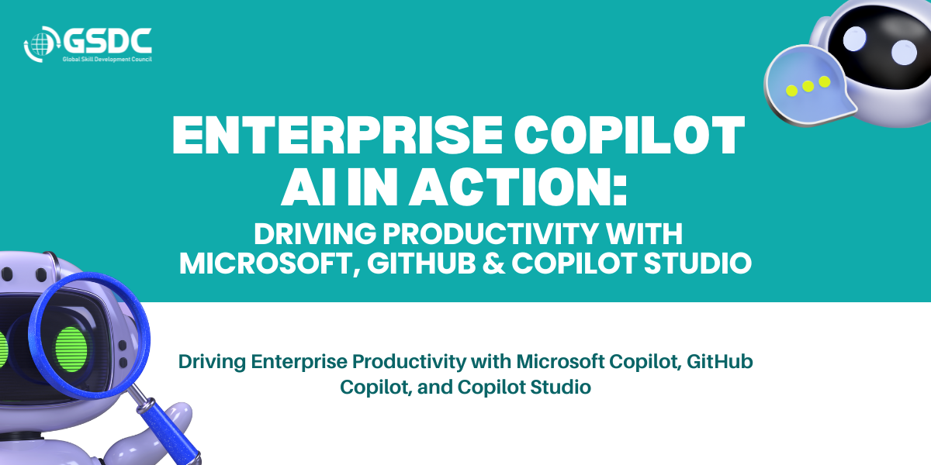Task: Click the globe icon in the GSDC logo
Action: point(40,44)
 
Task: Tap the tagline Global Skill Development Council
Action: point(107,60)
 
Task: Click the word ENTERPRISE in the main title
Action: point(337,136)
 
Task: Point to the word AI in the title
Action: point(309,187)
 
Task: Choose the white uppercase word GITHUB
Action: point(421,263)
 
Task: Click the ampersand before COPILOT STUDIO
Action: point(493,263)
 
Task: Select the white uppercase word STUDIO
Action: point(697,263)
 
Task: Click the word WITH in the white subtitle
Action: point(643,234)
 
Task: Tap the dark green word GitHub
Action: point(719,361)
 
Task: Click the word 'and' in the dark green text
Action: point(434,387)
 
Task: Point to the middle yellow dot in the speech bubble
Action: point(808,86)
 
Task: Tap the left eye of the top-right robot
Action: point(854,38)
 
